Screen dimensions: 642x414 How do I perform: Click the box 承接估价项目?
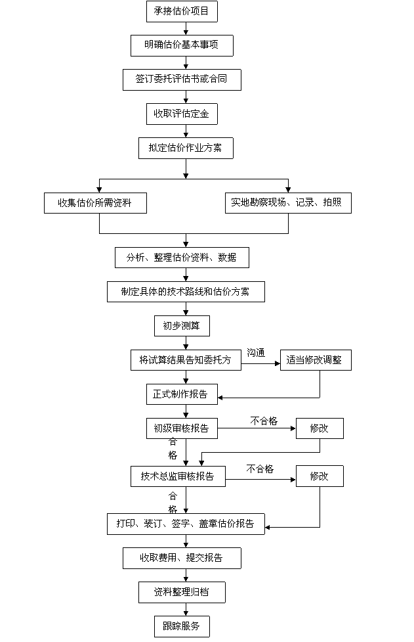point(181,11)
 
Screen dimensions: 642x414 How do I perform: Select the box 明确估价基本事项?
point(181,45)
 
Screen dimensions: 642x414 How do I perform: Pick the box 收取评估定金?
point(181,114)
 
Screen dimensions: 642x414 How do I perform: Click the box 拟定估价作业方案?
point(185,148)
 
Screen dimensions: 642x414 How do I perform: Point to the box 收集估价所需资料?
point(95,202)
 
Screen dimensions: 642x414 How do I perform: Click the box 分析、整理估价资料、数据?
point(182,257)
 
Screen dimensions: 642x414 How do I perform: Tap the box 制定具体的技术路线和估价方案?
point(186,291)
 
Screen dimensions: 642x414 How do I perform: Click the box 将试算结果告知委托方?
point(186,360)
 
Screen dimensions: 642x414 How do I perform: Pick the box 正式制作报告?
point(181,394)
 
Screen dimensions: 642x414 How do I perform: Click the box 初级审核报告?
point(181,428)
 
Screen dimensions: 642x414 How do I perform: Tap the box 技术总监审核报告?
point(177,476)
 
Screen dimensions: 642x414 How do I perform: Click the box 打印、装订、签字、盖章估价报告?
point(186,524)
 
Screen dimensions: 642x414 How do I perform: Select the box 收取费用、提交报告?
point(181,558)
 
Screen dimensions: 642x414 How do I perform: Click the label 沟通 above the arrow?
point(256,353)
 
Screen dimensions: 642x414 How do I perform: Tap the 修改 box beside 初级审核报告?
point(320,428)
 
